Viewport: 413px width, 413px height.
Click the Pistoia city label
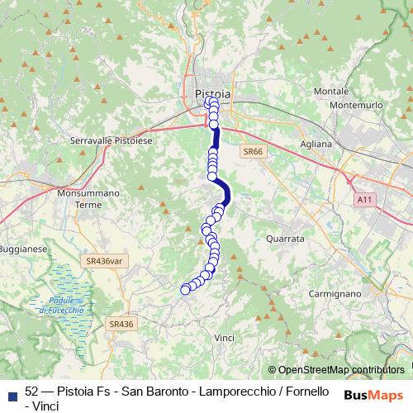point(212,93)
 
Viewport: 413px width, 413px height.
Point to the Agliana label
point(316,143)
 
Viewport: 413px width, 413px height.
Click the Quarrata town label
point(286,238)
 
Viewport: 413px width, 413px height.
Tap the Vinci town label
point(224,338)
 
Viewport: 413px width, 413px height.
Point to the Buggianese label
point(22,248)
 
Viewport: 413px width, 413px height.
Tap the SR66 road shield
point(252,152)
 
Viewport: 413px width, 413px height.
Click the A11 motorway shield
point(365,199)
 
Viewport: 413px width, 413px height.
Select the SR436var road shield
point(103,260)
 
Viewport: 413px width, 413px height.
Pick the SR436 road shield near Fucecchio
point(120,325)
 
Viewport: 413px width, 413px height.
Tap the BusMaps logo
point(374,394)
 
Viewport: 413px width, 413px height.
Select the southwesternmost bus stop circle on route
point(185,289)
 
